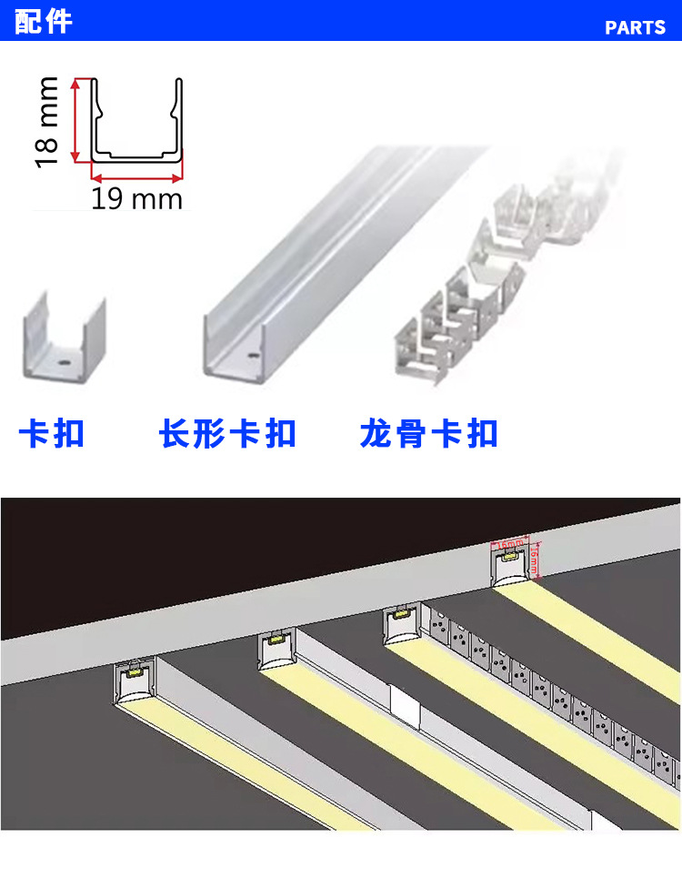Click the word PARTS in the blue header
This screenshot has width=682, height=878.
635,27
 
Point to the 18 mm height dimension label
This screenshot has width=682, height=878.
47,122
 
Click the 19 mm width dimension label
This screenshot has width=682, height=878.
136,197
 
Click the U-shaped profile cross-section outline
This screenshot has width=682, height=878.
137,127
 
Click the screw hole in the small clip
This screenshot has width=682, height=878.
65,360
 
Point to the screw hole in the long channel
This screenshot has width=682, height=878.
252,349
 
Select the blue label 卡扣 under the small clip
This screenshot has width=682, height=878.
52,433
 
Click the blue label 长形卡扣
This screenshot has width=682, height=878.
227,433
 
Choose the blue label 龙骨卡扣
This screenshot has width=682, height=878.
429,433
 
